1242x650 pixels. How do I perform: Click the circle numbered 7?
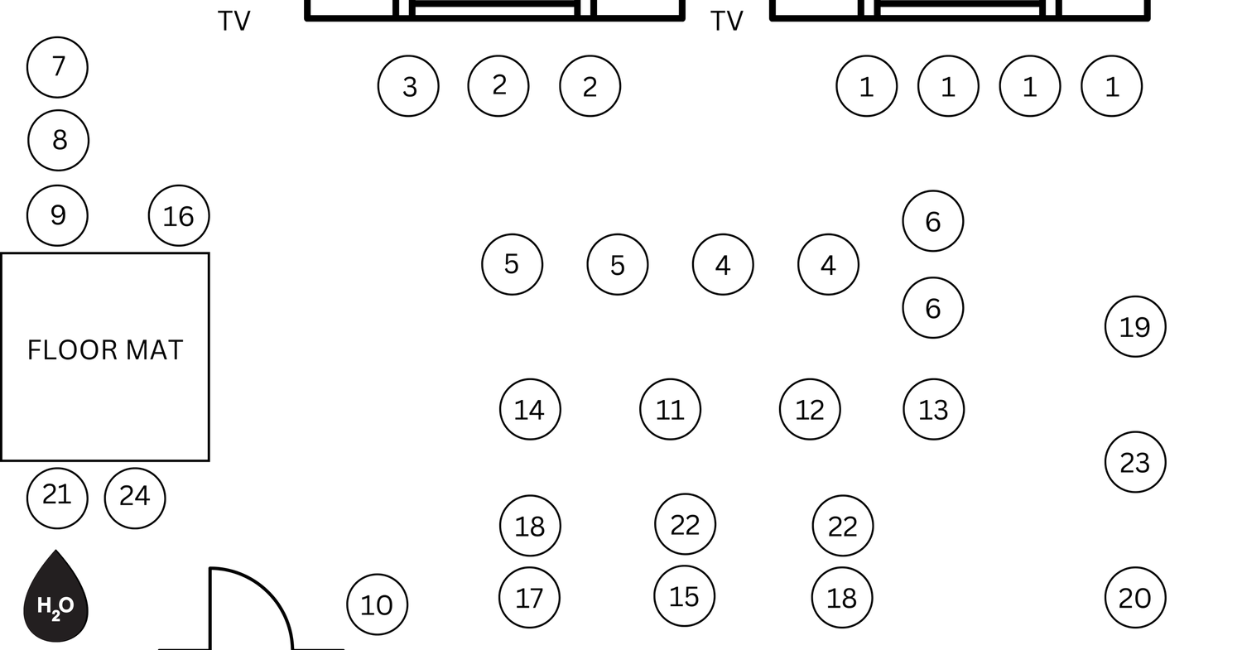coord(57,67)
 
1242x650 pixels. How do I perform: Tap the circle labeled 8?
coord(58,140)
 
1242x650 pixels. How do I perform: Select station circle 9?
coord(57,215)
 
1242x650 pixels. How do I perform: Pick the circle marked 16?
coord(179,215)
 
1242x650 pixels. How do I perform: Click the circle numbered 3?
coord(409,86)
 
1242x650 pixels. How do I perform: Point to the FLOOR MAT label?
coord(105,350)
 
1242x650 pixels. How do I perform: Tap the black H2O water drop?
coord(55,596)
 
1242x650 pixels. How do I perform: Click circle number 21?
coord(57,498)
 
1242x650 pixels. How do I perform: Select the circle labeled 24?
coord(135,498)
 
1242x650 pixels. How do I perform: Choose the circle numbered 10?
coord(378,604)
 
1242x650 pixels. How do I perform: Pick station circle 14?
coord(530,409)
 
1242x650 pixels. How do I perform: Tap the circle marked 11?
coord(671,409)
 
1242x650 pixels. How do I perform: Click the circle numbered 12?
coord(810,409)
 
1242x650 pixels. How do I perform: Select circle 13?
coord(934,409)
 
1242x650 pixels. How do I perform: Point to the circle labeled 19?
coord(1135,327)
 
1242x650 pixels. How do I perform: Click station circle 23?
coord(1135,462)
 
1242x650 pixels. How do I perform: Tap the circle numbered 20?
coord(1135,598)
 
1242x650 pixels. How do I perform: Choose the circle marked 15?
coord(684,596)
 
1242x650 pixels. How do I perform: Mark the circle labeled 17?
coord(530,598)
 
